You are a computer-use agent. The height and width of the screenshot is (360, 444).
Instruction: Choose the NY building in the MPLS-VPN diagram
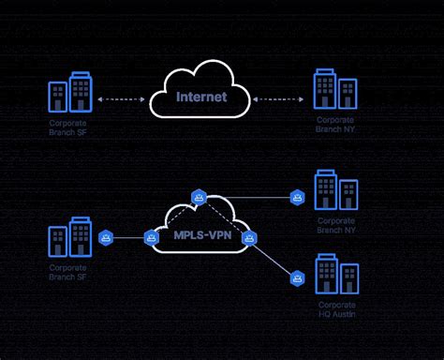click(336, 190)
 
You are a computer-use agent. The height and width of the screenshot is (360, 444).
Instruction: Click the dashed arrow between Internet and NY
click(277, 97)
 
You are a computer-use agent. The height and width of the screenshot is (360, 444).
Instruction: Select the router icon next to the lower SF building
click(106, 238)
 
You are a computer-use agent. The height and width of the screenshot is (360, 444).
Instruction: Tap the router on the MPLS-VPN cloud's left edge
click(151, 238)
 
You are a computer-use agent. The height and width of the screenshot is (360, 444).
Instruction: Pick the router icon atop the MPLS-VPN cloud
click(199, 197)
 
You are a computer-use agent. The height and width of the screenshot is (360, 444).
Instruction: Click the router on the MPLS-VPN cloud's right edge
click(248, 238)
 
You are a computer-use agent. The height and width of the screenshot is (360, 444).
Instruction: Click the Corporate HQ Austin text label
click(338, 310)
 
